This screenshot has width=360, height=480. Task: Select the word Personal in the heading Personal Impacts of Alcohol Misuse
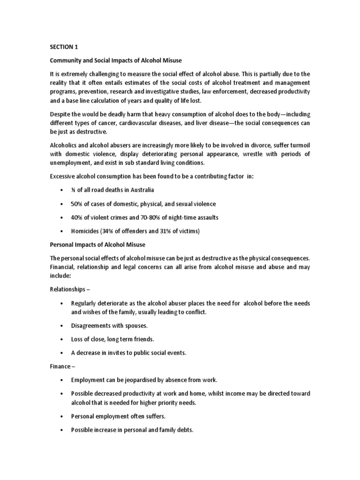[x=62, y=245]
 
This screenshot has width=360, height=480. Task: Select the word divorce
[x=263, y=145]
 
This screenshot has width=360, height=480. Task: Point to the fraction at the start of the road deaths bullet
[x=73, y=190]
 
